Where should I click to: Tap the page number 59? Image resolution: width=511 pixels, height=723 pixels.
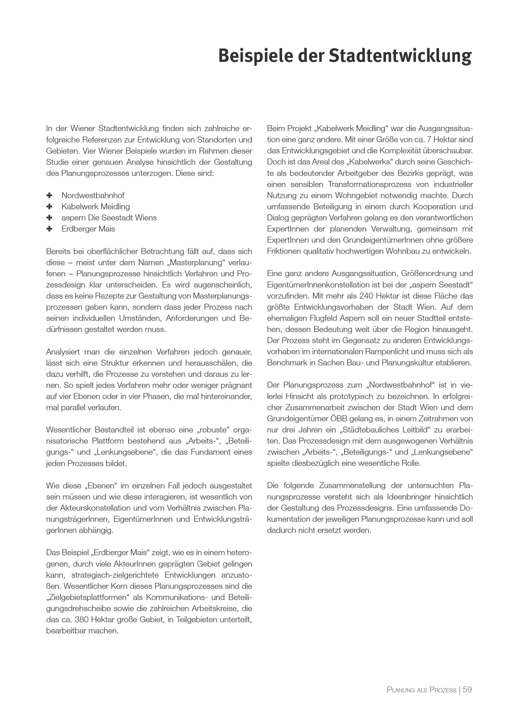pyautogui.click(x=467, y=690)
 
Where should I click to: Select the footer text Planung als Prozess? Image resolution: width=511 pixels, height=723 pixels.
pyautogui.click(x=421, y=690)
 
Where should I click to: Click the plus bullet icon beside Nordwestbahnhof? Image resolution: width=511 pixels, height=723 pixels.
pyautogui.click(x=49, y=195)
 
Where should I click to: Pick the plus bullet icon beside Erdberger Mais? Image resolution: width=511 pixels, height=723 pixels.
pyautogui.click(x=49, y=229)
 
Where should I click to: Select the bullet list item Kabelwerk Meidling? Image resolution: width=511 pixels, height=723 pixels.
pyautogui.click(x=96, y=207)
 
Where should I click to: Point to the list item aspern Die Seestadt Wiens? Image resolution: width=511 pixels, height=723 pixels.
pyautogui.click(x=109, y=218)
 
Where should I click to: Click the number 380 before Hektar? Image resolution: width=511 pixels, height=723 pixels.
pyautogui.click(x=82, y=620)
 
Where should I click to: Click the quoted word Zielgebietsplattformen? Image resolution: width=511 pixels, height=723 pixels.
pyautogui.click(x=88, y=597)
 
